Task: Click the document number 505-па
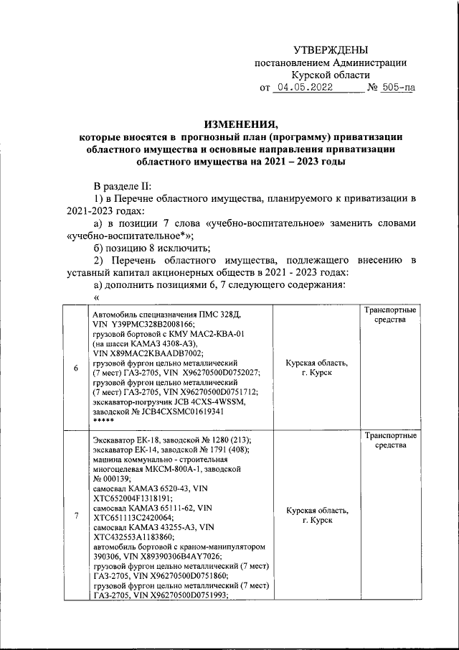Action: (397, 89)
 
